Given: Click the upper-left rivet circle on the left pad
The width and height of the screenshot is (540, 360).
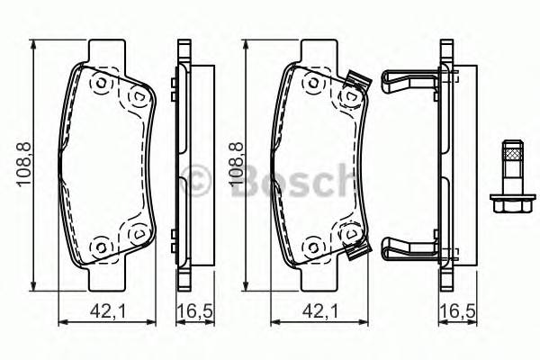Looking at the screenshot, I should (100, 84).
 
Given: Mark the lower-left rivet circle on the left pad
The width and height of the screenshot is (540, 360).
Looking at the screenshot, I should (100, 245).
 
